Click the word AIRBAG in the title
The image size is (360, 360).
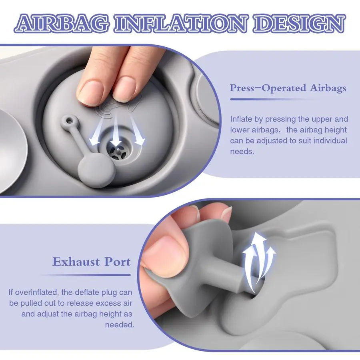point(62,24)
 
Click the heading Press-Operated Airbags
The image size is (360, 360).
point(288,88)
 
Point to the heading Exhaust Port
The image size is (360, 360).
point(91,262)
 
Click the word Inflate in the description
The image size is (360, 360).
point(241,119)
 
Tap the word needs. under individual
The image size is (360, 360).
point(242,152)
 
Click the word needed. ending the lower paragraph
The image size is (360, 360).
point(119,324)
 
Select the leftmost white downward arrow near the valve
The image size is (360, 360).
point(96,134)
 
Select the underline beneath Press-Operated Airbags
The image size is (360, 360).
point(273,100)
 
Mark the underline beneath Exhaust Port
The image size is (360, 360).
point(86,274)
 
